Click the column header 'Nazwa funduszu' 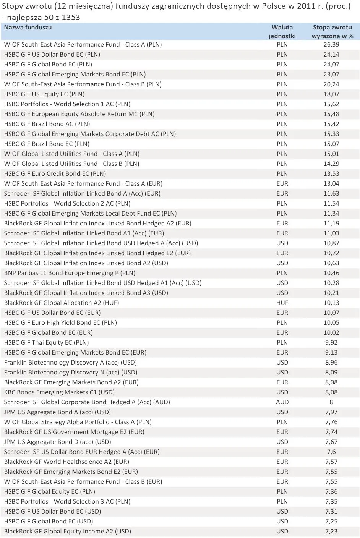(28, 28)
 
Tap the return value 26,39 (331, 45)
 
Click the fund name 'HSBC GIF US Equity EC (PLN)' (44, 94)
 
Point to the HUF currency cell (282, 303)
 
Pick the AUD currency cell (282, 402)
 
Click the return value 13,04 (331, 184)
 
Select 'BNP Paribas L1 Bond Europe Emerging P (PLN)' (70, 273)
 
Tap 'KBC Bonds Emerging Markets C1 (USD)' (59, 392)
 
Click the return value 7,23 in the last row (331, 532)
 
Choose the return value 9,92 (331, 343)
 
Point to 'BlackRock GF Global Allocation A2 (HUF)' (62, 303)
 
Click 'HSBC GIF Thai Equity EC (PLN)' (46, 343)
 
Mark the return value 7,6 (331, 452)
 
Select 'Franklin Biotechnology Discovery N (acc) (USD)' (71, 373)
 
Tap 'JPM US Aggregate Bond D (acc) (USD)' (57, 442)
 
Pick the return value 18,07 (331, 94)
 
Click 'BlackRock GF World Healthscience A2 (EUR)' (66, 462)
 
